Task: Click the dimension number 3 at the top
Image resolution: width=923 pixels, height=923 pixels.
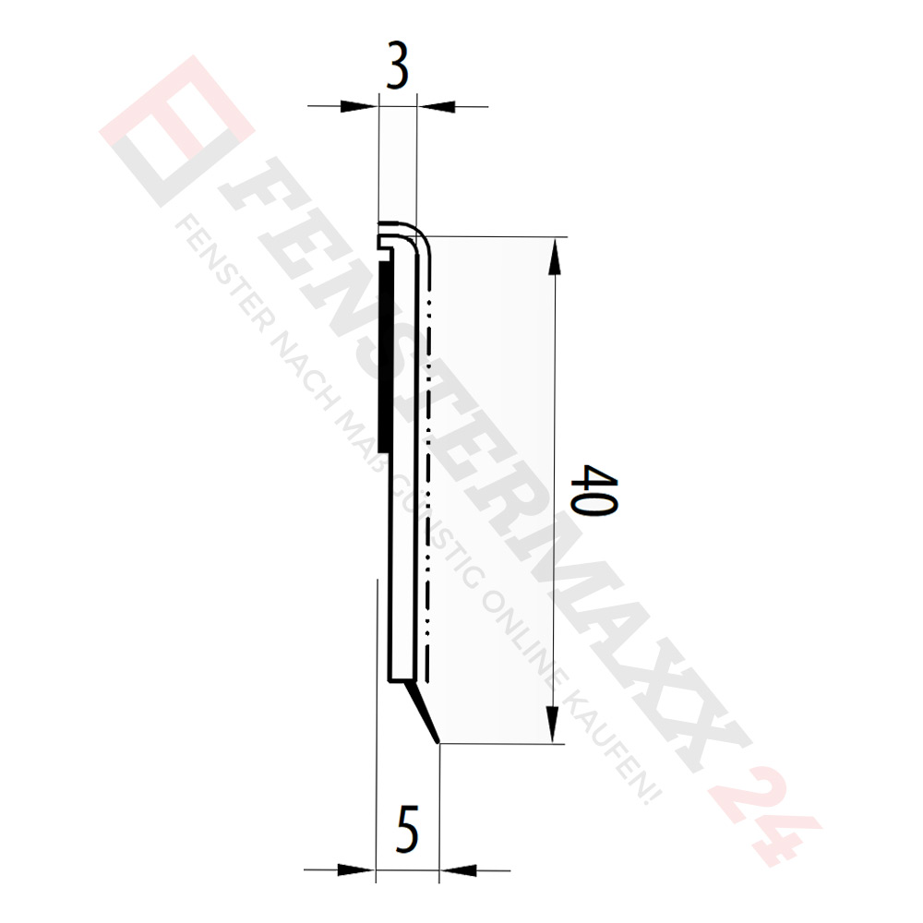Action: click(x=397, y=72)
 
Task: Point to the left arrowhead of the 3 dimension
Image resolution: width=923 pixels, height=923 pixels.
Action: click(x=361, y=106)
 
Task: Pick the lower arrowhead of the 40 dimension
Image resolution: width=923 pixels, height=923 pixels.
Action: click(x=555, y=724)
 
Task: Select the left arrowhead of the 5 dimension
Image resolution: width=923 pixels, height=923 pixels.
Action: click(x=357, y=869)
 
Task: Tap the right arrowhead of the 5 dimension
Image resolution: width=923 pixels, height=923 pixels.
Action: click(x=459, y=869)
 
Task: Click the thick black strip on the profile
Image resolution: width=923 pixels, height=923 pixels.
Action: click(x=389, y=351)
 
